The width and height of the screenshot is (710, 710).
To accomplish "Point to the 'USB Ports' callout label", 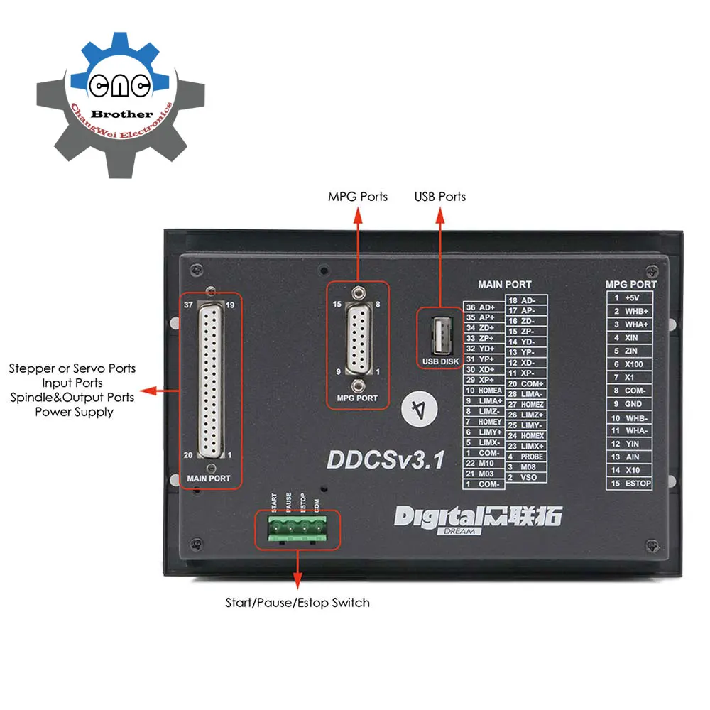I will point(440,196).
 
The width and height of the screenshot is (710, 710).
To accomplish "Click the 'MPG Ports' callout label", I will point(357,196).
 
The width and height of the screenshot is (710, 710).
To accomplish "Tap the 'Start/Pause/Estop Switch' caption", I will point(297,603).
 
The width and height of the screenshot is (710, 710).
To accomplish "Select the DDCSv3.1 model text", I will point(386,459).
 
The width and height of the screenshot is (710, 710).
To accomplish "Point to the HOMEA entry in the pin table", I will point(484,390).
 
